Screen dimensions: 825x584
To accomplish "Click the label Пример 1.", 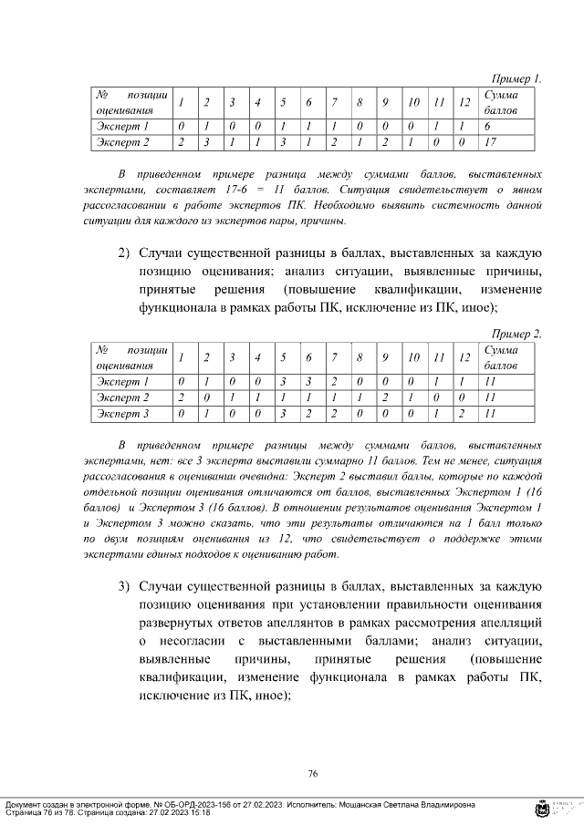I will tap(516, 79).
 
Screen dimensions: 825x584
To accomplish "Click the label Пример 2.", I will tap(516, 334).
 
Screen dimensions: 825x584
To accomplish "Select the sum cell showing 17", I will tap(491, 142).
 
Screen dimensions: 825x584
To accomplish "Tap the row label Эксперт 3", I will tap(122, 414).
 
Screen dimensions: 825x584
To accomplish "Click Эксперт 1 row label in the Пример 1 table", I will tap(122, 126).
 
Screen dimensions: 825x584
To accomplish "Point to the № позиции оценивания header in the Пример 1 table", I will tap(131, 102).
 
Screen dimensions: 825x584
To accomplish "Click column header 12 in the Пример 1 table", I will tap(464, 102).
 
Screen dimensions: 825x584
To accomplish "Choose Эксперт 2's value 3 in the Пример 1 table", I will tap(206, 142).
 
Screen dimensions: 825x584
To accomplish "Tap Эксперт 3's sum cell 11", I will tap(491, 414).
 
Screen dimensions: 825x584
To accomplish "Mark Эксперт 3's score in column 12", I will tap(464, 414).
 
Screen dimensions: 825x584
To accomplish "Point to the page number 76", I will tap(312, 773).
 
